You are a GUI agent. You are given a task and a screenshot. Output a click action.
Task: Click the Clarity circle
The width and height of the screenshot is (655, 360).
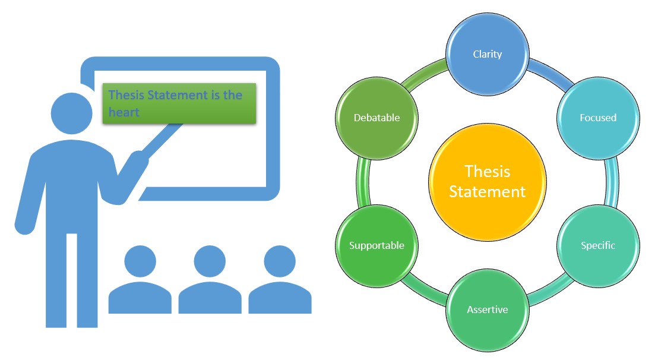pos(488,55)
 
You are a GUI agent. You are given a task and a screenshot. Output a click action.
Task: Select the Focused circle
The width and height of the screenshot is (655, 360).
pos(598,118)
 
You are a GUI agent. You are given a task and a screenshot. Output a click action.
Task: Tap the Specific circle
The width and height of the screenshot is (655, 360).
pos(598,245)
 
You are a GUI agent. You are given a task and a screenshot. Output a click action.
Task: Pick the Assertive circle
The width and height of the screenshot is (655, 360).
pos(488,310)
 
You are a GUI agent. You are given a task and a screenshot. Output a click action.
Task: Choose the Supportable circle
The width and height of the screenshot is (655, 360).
pos(376,245)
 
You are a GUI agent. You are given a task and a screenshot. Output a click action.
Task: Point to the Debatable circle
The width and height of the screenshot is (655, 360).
pos(376,118)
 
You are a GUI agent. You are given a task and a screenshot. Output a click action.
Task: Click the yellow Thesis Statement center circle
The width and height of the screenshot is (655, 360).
pos(487,182)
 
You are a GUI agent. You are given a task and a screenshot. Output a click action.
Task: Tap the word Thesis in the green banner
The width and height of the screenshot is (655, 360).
pos(126,95)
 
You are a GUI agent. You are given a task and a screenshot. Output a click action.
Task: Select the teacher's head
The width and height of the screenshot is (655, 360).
pos(72,113)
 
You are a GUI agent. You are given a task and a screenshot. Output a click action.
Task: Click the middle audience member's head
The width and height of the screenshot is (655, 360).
pos(210,261)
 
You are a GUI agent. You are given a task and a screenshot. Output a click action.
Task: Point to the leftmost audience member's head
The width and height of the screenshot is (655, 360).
pos(140,261)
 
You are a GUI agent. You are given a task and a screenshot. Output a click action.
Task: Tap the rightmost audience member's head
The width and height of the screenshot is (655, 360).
pos(280,261)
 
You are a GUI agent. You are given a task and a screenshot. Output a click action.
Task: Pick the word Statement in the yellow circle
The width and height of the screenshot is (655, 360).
pos(487,192)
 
